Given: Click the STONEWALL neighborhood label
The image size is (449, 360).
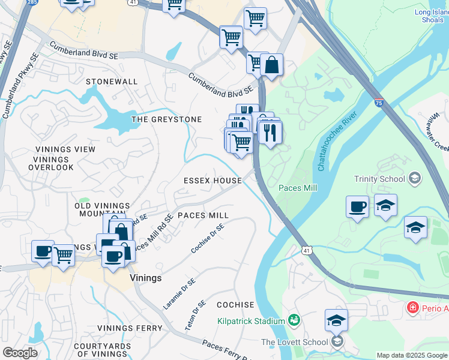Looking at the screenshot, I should coord(112,81).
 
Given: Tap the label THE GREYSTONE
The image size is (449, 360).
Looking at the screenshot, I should coord(166,119).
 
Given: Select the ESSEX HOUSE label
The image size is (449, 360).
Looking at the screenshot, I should coord(212,180).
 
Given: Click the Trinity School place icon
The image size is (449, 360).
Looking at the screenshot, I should coord(414,178).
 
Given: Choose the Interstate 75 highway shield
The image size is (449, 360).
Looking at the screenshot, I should coord(378,103).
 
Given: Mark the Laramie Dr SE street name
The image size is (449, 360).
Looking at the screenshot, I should coord(179,294).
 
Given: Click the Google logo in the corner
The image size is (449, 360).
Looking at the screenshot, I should coord(20,352).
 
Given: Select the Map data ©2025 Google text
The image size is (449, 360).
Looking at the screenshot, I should coord(412,355).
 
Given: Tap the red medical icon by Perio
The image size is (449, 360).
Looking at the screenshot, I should coord(412,308).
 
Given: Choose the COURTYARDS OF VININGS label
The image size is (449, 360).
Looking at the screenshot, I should coord(102,350).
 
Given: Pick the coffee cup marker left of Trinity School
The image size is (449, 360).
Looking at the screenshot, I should coord(357,207).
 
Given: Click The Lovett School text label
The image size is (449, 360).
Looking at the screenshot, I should coord(294,342).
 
